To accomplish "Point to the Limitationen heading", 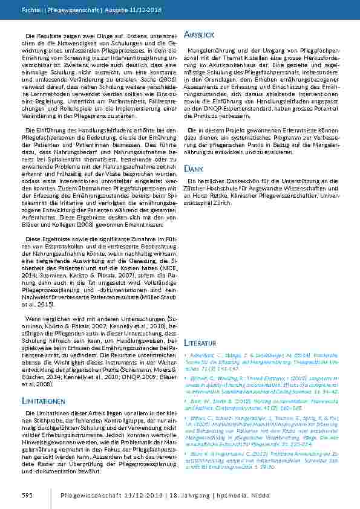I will [44, 401].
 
